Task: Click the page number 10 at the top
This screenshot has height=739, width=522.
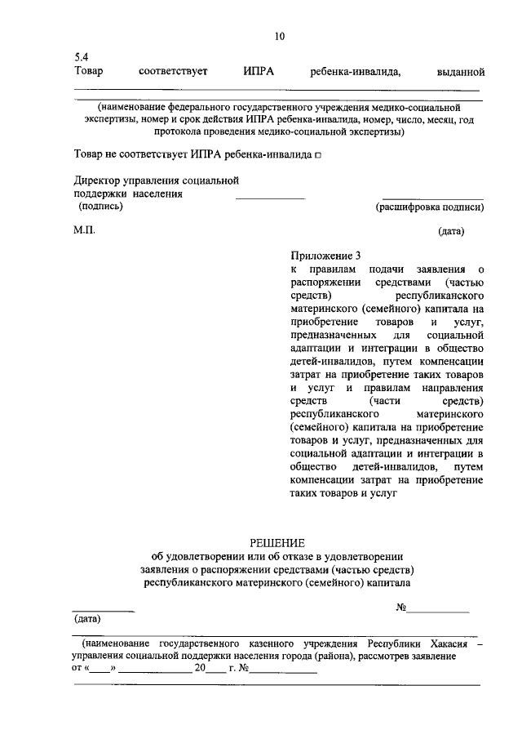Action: (280, 36)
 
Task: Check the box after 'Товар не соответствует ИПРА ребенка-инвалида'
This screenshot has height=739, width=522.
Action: (318, 154)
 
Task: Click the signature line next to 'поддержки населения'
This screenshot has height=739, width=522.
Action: (270, 197)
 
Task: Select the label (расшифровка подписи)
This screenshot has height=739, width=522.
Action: (429, 207)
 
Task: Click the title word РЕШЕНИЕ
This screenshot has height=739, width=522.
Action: (276, 542)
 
